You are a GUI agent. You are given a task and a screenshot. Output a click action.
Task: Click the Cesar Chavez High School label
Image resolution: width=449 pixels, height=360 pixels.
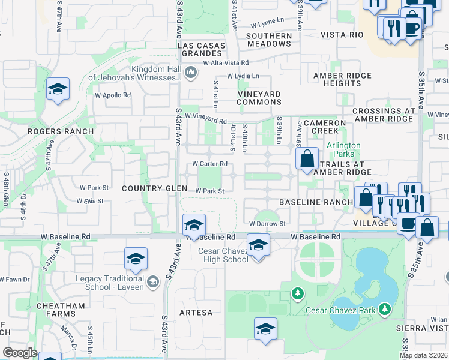(x=223, y=255)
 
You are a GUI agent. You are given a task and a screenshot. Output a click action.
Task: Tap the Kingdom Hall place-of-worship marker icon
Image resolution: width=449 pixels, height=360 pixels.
(x=191, y=73)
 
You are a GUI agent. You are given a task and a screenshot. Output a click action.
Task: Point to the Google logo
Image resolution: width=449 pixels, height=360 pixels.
(x=20, y=353)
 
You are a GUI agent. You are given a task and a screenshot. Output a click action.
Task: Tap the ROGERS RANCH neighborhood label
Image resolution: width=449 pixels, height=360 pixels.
(x=69, y=131)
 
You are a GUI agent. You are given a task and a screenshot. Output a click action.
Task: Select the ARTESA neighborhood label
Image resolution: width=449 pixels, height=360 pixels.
(x=196, y=313)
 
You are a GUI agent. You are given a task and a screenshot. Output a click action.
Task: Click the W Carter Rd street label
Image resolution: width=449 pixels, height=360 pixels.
(x=209, y=163)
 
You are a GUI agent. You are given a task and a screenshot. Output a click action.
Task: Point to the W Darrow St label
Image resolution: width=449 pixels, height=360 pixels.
(x=267, y=224)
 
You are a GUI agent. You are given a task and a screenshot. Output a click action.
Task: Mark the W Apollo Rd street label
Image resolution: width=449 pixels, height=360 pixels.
(x=113, y=95)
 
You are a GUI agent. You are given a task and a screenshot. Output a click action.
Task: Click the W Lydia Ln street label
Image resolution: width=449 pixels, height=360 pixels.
(x=243, y=76)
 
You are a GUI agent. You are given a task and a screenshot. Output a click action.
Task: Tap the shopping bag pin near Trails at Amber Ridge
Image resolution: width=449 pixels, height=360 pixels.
(x=307, y=159)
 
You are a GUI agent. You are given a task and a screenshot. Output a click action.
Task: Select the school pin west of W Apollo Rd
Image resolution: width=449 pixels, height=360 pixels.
(x=58, y=90)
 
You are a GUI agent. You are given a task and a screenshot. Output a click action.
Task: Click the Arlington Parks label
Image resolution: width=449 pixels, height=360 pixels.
(x=343, y=149)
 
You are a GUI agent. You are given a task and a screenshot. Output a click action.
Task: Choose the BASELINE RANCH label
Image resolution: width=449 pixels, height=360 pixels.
(x=315, y=202)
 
